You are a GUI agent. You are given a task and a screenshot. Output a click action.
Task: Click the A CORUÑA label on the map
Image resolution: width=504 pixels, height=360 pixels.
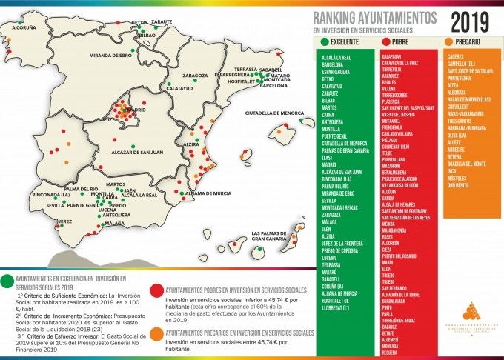(19, 27)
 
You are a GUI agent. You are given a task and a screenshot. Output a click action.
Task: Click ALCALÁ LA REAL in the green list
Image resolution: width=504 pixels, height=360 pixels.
(337, 56)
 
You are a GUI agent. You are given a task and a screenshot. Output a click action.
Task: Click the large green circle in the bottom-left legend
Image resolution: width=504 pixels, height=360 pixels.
(7, 280)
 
